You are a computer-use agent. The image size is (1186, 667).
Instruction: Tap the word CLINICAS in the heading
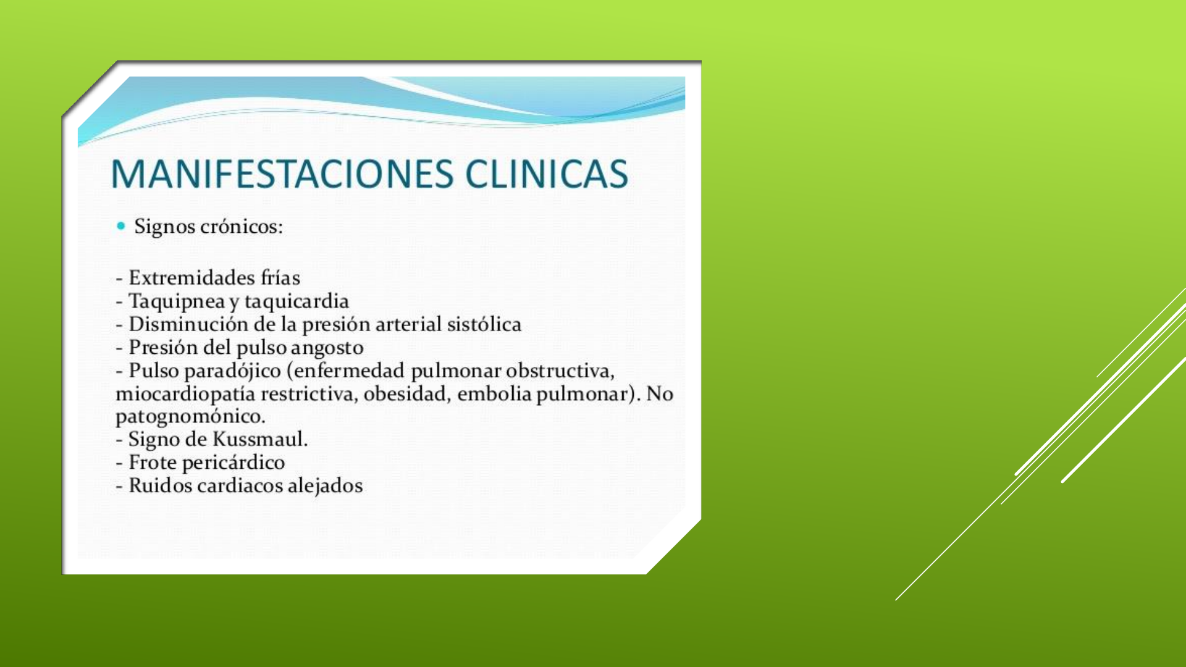[x=547, y=174]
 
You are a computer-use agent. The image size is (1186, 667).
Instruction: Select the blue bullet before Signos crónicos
[x=120, y=226]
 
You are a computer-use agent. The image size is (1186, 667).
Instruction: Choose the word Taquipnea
[x=177, y=302]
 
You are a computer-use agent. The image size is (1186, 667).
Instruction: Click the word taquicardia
[x=296, y=301]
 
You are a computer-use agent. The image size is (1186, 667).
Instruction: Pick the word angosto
[x=327, y=348]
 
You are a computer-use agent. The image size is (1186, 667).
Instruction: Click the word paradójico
[x=233, y=371]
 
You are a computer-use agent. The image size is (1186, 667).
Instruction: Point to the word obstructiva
[x=560, y=371]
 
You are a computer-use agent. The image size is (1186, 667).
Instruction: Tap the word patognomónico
[x=190, y=417]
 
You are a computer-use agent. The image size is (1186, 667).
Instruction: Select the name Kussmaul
[x=260, y=440]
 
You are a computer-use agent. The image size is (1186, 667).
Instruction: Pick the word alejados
[x=325, y=487]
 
